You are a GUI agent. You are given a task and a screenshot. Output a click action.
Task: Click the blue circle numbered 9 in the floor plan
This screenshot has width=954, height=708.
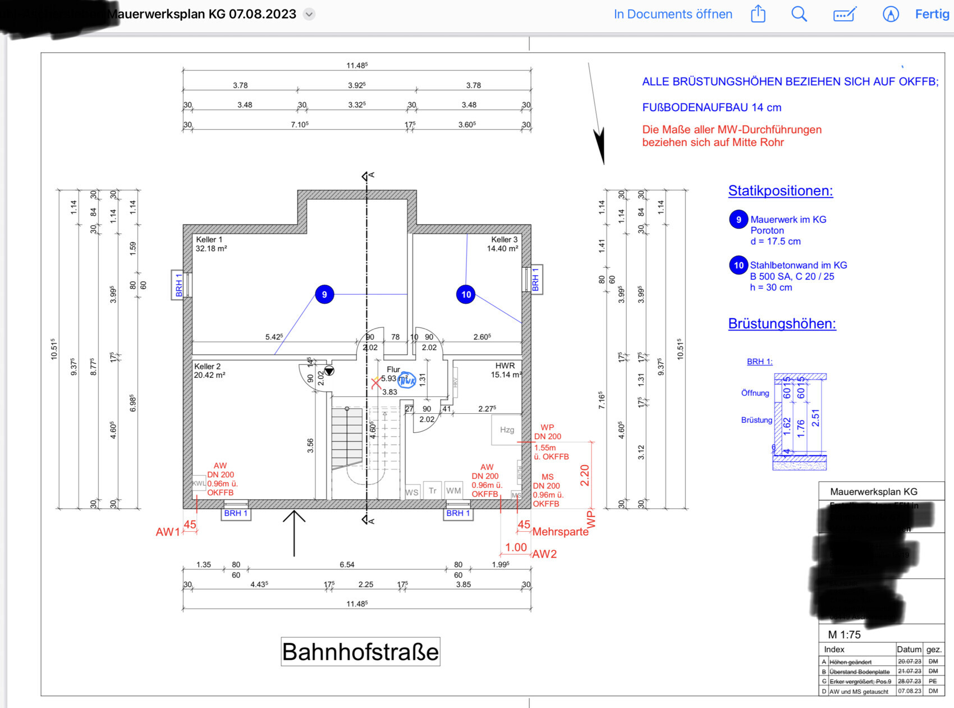(324, 294)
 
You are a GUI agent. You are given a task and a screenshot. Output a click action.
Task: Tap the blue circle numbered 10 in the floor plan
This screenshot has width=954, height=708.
(466, 294)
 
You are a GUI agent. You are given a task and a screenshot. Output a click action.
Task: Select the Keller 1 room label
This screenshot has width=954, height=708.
(209, 240)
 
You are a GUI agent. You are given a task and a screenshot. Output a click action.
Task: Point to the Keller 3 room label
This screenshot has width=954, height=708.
(504, 240)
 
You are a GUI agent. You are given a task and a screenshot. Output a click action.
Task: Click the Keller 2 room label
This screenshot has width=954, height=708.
(208, 367)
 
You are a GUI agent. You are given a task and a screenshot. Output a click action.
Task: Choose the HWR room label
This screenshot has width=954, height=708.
(505, 366)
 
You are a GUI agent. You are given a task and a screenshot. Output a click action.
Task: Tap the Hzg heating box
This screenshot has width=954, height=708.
(507, 430)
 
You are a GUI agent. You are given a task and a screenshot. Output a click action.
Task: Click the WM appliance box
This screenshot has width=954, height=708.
(453, 491)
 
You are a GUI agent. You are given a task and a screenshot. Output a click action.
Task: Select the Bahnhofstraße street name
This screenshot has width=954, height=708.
(360, 652)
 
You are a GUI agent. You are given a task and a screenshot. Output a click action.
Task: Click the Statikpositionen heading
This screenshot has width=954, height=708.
(780, 191)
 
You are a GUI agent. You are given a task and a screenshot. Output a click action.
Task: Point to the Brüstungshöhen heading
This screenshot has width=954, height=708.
(782, 324)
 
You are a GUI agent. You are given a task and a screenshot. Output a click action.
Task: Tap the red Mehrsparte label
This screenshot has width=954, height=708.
(560, 532)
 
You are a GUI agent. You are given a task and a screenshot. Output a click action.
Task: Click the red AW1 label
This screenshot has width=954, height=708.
(168, 532)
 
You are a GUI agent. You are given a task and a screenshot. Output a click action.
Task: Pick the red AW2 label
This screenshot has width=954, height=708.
(544, 554)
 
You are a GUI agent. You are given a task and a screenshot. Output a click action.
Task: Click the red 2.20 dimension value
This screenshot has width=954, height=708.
(585, 475)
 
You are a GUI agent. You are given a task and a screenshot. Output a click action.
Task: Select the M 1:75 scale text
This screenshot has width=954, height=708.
(844, 634)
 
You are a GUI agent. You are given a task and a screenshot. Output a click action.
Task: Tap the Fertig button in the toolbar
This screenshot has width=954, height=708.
(932, 14)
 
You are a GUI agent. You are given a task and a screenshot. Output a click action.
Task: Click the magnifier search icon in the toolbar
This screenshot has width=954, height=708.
(799, 14)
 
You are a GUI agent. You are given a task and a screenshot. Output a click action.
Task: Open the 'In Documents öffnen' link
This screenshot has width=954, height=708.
(673, 14)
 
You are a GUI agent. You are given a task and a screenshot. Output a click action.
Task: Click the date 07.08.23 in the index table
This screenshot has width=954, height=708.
(909, 691)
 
